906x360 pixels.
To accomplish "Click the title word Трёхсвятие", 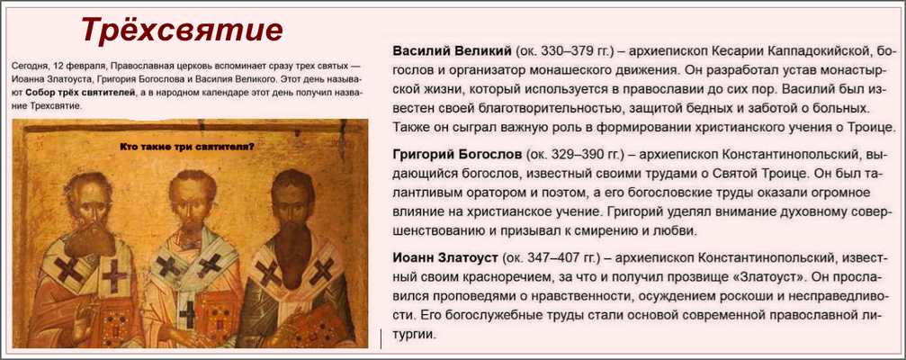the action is [x=182, y=30].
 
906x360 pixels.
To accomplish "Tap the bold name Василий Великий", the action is [x=452, y=51].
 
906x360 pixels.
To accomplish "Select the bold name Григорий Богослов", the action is [x=457, y=155].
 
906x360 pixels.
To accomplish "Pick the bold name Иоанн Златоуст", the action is [x=445, y=256].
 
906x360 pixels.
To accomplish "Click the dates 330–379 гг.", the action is [x=577, y=51].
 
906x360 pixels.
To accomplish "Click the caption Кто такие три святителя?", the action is [x=187, y=147].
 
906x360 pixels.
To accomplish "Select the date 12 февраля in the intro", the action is [x=80, y=66].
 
